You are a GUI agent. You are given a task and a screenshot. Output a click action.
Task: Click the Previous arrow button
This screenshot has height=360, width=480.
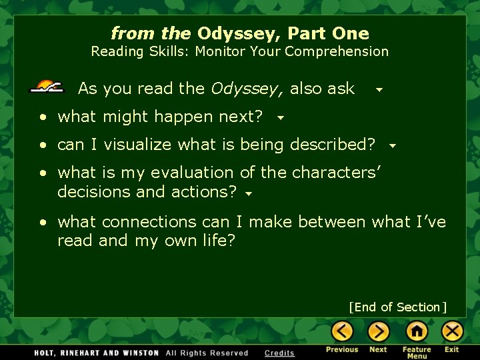point(343,331)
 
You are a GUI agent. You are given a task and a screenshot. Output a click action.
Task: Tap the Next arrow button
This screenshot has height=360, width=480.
point(379,331)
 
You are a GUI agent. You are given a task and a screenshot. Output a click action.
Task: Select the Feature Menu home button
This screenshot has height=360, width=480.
point(417,331)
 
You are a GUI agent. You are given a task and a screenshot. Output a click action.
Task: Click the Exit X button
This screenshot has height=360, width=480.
point(453,331)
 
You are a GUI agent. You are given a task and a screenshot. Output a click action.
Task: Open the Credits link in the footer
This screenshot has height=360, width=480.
point(279,353)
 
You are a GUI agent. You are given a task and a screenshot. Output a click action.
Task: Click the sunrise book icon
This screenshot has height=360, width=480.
point(47,87)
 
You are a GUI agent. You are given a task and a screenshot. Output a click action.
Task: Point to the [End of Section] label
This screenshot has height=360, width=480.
point(397,307)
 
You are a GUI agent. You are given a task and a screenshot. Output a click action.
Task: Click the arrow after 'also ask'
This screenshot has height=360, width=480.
point(379,89)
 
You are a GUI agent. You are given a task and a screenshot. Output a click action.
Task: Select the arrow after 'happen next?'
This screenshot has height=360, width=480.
point(281,118)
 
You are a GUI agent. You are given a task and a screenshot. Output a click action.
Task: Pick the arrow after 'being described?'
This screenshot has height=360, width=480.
point(393,146)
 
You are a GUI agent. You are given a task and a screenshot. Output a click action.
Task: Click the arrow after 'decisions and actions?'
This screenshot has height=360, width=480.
point(248,194)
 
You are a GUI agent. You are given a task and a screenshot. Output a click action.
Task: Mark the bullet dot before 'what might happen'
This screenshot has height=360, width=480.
point(43,117)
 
